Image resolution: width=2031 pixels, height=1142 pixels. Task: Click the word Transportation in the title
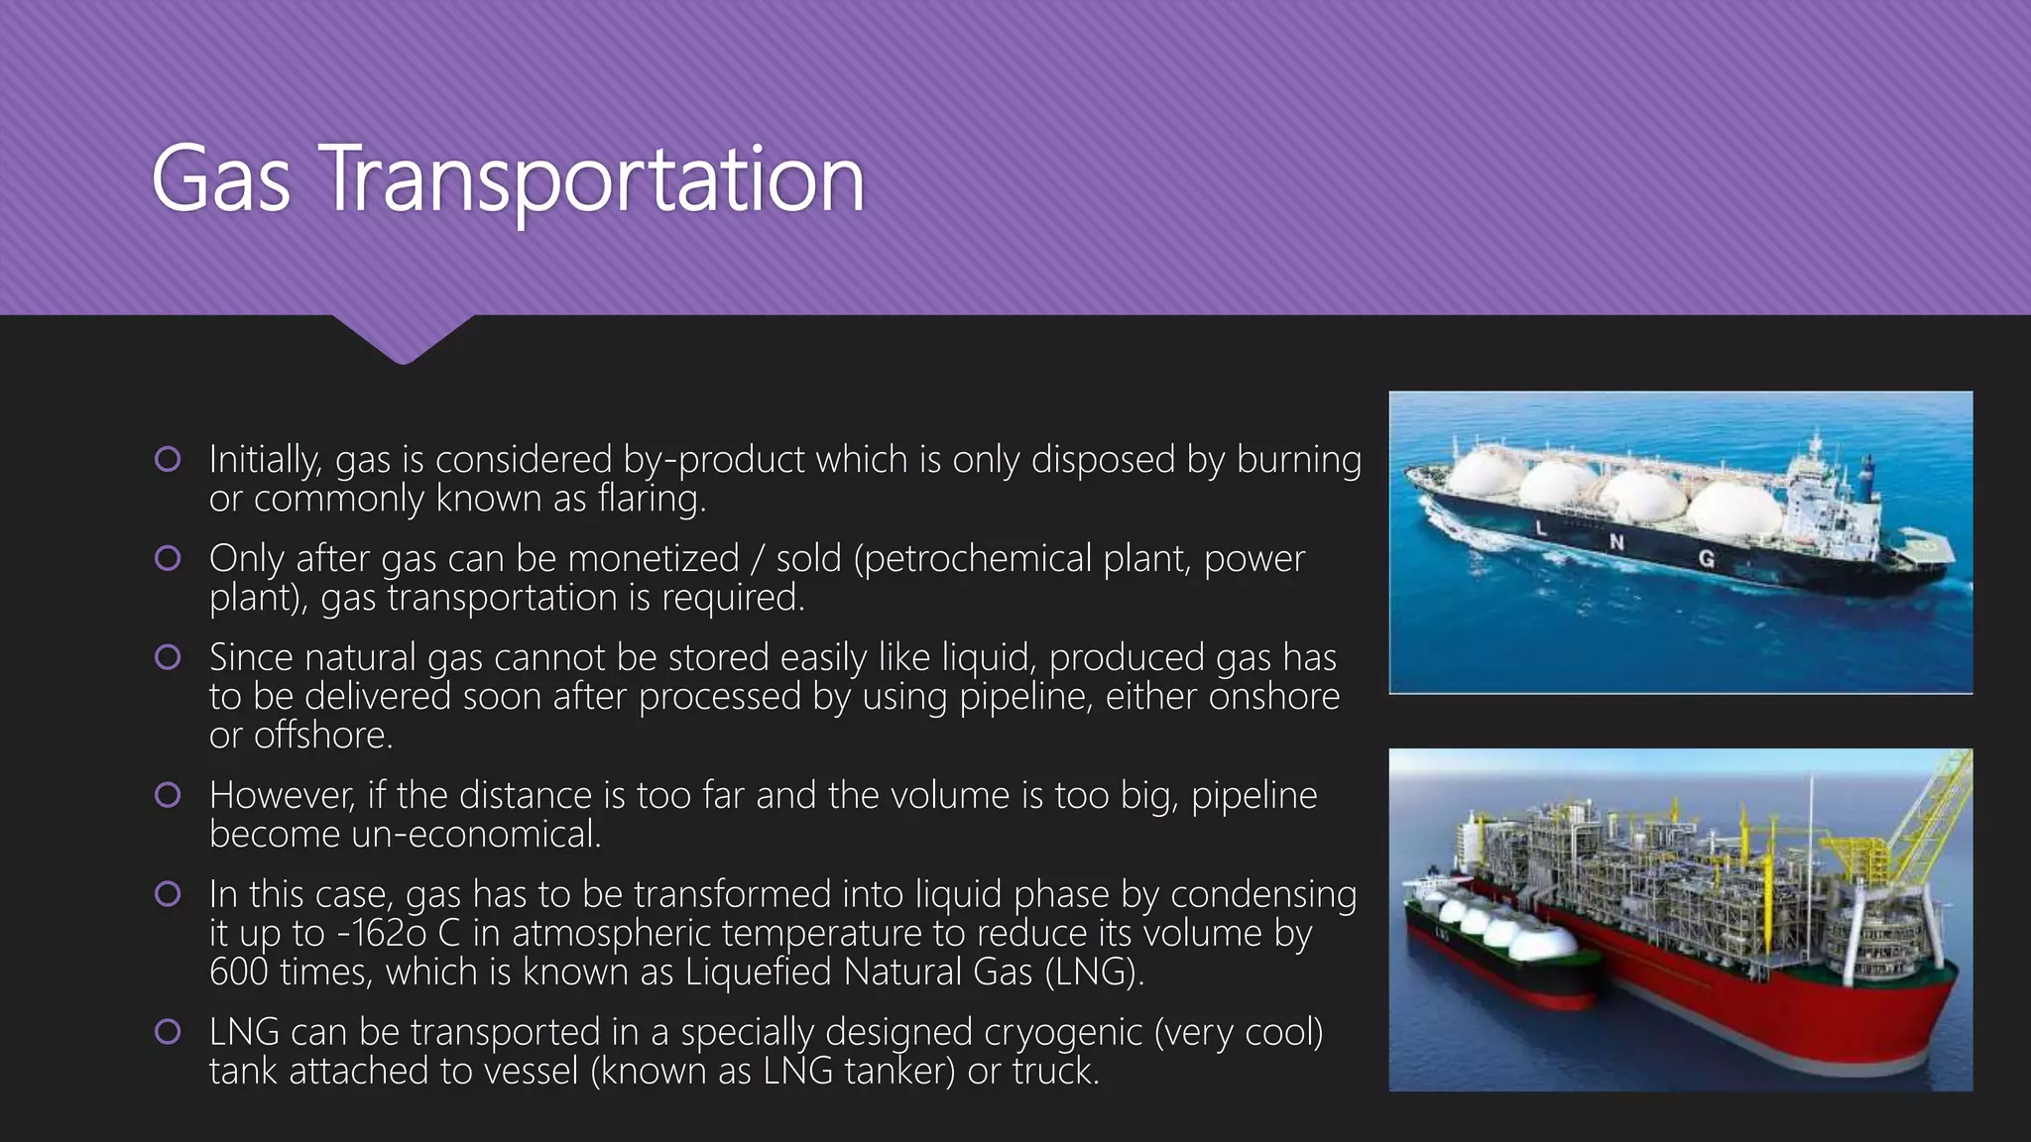(x=593, y=179)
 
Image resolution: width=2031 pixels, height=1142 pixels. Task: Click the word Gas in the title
(x=220, y=179)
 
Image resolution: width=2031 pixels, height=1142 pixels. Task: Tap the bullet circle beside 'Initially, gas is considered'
(x=168, y=459)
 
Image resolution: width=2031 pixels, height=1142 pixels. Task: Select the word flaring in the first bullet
(x=651, y=499)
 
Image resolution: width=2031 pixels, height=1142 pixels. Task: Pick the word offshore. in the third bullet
(x=323, y=736)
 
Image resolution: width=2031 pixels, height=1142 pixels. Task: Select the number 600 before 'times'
(x=238, y=972)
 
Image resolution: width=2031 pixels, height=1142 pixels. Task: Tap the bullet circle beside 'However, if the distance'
(x=168, y=795)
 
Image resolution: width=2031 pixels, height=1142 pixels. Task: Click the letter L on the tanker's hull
(x=1541, y=528)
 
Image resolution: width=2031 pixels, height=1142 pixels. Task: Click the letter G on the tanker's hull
(x=1706, y=558)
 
